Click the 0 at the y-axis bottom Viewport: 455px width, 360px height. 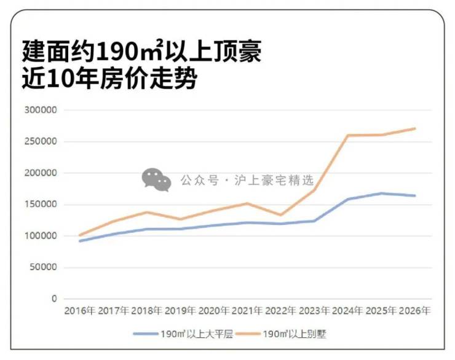(53, 299)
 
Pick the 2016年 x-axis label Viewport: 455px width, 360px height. (79, 311)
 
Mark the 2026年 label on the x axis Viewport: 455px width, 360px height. (414, 311)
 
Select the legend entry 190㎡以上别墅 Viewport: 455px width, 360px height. (298, 335)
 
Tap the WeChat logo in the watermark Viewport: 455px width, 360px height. (156, 179)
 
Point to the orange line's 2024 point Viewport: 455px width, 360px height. (349, 135)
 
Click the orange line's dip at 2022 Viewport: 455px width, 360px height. (280, 215)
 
